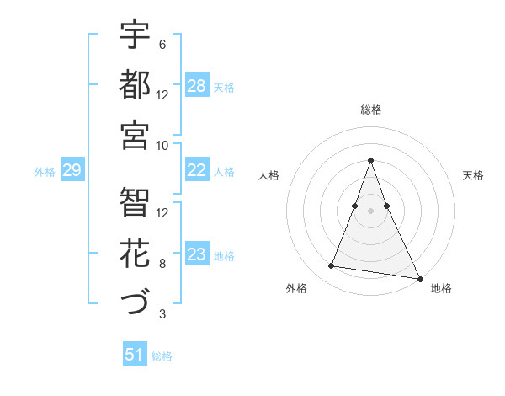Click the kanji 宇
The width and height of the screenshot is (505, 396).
tap(135, 35)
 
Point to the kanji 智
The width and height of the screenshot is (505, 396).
tap(135, 202)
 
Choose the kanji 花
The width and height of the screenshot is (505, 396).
tap(135, 252)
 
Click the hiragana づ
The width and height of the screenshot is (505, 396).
tap(135, 302)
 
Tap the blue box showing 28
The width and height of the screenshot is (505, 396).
tap(197, 86)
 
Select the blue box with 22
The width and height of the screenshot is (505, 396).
tap(197, 170)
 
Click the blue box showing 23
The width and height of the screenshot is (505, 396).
tap(197, 254)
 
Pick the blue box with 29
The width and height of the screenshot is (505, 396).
tap(72, 170)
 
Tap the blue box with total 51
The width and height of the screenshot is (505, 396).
tap(135, 355)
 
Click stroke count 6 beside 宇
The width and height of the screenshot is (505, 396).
tap(162, 45)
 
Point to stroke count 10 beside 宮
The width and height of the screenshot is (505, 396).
tap(163, 144)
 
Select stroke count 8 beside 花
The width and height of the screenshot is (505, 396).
tap(162, 264)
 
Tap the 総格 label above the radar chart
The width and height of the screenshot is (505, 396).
tap(370, 110)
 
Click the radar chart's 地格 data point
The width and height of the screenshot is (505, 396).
tap(419, 277)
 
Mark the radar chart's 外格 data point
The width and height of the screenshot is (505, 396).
tap(332, 266)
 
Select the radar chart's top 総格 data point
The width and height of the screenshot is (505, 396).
tap(370, 160)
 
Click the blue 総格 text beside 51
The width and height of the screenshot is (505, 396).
tap(162, 356)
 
